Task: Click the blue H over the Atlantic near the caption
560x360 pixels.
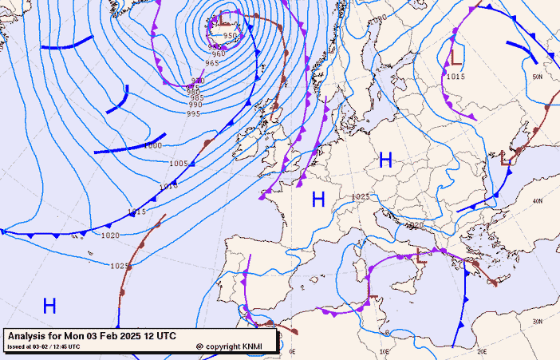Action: (x=49, y=306)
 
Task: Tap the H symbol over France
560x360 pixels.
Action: (x=318, y=200)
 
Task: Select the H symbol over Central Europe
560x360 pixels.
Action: (x=385, y=160)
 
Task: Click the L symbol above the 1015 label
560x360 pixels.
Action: (x=456, y=56)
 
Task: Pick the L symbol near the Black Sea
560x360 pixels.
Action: (x=506, y=158)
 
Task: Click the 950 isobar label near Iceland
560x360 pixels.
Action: (x=231, y=36)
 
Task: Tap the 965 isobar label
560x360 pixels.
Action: (x=211, y=63)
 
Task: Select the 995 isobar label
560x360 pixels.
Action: (x=194, y=114)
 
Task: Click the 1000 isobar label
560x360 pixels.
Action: (x=152, y=146)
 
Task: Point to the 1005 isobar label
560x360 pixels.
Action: (x=179, y=164)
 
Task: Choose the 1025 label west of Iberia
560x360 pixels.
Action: (x=120, y=266)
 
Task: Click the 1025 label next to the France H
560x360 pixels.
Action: (x=361, y=196)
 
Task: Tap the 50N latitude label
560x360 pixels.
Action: (x=538, y=77)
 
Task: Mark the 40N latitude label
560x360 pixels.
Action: (x=538, y=200)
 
